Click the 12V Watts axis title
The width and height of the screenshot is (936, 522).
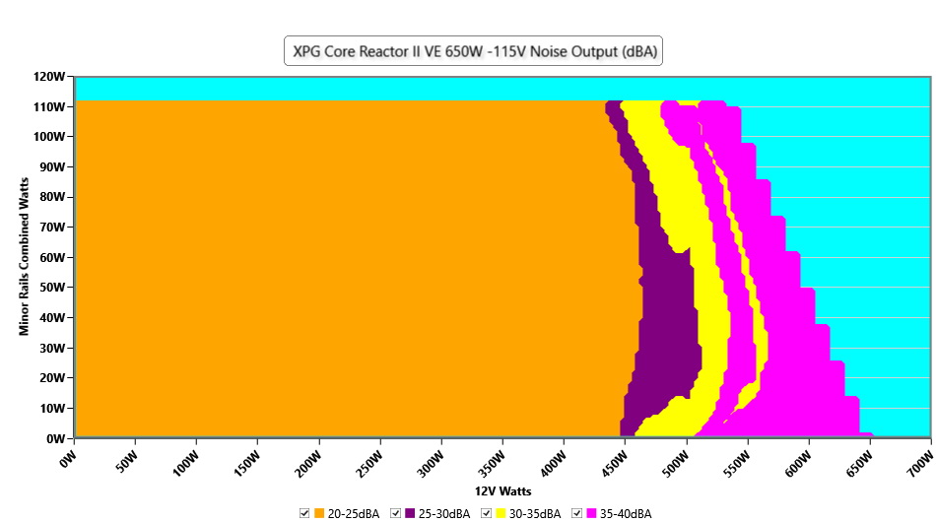click(502, 490)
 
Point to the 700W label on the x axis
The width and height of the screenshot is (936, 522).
click(918, 458)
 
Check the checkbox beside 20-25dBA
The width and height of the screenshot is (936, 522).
click(305, 513)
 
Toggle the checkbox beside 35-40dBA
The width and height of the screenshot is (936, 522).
click(577, 513)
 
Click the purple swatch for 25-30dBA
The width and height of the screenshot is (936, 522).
click(411, 513)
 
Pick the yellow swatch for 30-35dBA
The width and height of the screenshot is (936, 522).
click(501, 513)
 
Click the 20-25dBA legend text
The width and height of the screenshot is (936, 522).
click(354, 513)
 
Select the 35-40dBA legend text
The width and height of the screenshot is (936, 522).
click(626, 513)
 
